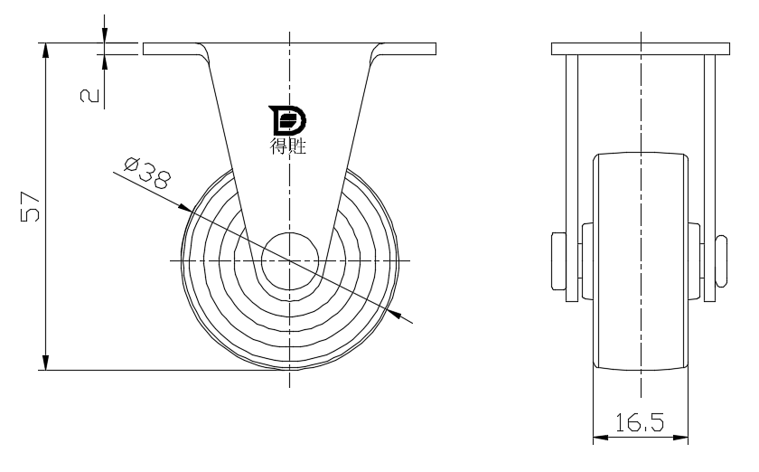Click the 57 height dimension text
30,207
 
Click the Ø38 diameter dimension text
147,173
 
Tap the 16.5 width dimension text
640,422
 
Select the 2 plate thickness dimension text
89,96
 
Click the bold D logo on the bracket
287,120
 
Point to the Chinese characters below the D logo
287,146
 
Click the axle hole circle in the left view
290,260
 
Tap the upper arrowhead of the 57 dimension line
45,51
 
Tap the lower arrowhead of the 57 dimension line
45,363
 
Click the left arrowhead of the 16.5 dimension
601,438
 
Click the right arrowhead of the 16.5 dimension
680,438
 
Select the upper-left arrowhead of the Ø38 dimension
185,208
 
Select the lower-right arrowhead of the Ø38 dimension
395,314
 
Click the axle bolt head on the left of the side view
559,261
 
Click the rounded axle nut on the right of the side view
721,261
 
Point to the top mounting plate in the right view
641,49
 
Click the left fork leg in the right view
572,178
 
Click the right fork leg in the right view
709,178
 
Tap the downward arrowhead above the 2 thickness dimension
105,35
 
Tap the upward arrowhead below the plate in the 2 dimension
105,62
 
